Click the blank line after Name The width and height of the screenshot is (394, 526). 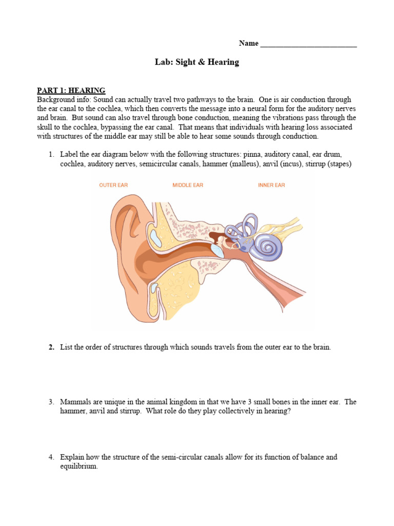pyautogui.click(x=308, y=44)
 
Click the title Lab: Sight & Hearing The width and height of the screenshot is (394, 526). pyautogui.click(x=197, y=62)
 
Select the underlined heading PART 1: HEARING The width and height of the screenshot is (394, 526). pyautogui.click(x=71, y=90)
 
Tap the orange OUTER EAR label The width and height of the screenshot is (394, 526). pyautogui.click(x=113, y=185)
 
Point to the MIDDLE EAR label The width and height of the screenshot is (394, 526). pyautogui.click(x=188, y=185)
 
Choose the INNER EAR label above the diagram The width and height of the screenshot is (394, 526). pyautogui.click(x=271, y=185)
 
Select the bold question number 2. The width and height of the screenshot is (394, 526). pyautogui.click(x=51, y=347)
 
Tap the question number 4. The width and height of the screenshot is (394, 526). pyautogui.click(x=51, y=457)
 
